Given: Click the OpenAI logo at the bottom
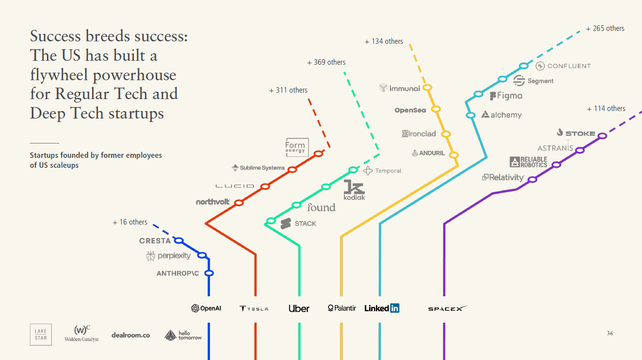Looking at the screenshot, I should coord(206,308).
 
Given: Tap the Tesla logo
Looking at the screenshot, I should coord(254,309).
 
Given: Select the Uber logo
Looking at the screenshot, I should coord(299,308).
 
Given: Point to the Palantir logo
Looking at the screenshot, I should coord(342,308).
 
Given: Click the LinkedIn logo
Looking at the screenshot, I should coord(382,308).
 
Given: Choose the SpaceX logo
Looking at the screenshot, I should coord(447,309).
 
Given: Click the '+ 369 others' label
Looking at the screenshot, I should coord(326,62).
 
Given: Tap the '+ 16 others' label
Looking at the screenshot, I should coord(130,222).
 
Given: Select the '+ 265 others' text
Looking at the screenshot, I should coord(605,28).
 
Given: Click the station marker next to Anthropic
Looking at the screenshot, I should coord(209,273).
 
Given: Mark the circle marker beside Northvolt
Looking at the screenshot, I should coord(239,203).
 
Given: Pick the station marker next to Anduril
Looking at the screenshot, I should coord(453,155).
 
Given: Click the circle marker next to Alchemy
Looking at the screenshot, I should coord(470,116).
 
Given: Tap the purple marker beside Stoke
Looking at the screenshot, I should coord(602,135).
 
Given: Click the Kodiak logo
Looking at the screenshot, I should coord(354,190).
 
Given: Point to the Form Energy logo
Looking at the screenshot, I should coord(297,147).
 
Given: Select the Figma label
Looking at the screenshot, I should coord(506,96).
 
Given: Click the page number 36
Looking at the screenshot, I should coord(610,333).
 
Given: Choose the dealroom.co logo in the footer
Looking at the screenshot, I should coord(130,335).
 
